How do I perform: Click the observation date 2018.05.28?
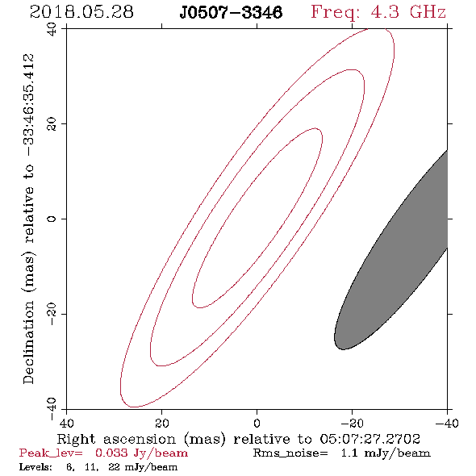tap(81, 12)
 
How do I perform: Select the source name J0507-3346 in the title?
tap(231, 12)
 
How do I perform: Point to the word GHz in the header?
tap(428, 12)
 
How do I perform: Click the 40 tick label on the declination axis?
tap(52, 29)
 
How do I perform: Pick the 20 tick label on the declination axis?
tap(52, 124)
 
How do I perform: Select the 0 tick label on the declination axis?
tap(52, 219)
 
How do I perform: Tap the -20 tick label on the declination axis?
tap(52, 314)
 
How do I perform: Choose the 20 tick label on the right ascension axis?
tap(161, 424)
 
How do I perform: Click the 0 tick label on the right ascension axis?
tap(257, 424)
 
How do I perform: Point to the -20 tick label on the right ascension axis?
tap(352, 424)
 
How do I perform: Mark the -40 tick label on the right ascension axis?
tap(447, 424)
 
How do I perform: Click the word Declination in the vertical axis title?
tap(28, 343)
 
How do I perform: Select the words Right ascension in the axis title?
tap(116, 439)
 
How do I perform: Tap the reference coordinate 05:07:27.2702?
tap(370, 439)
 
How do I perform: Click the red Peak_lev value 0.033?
tap(111, 453)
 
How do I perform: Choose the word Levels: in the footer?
tap(35, 467)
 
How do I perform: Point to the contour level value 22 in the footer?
tap(114, 467)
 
